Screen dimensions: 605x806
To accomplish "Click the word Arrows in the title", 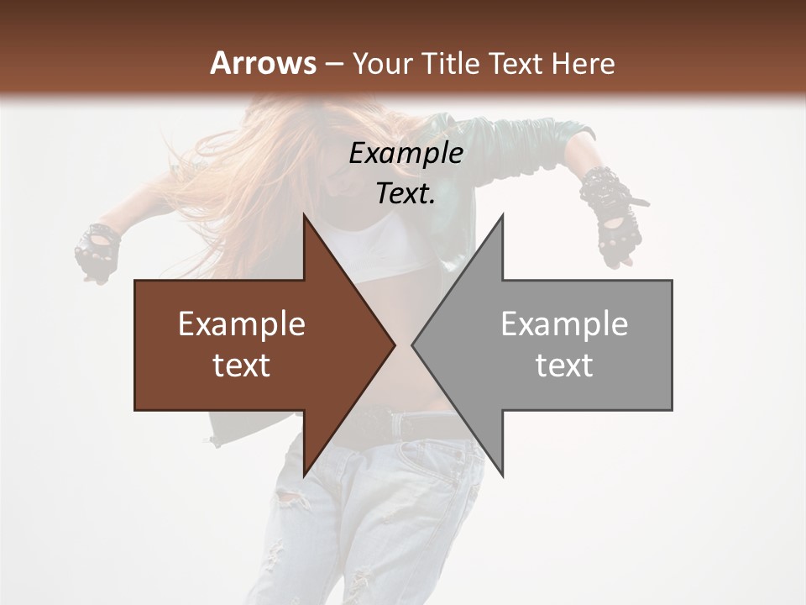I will click(x=263, y=63).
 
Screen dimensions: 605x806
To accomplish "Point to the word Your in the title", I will click(x=380, y=64).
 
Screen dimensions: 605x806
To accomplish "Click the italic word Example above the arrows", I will click(x=406, y=154).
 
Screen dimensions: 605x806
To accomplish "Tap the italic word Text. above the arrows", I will click(x=406, y=194).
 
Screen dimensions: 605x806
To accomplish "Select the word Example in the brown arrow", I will click(x=242, y=324).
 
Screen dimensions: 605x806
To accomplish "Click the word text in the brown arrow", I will click(x=242, y=366).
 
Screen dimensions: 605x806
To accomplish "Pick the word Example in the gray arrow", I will click(x=564, y=324).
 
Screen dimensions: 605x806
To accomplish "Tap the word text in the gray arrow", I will click(x=564, y=366).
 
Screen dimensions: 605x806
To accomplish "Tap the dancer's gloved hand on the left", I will click(x=96, y=250).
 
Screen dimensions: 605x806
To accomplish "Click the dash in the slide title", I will click(x=333, y=65).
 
